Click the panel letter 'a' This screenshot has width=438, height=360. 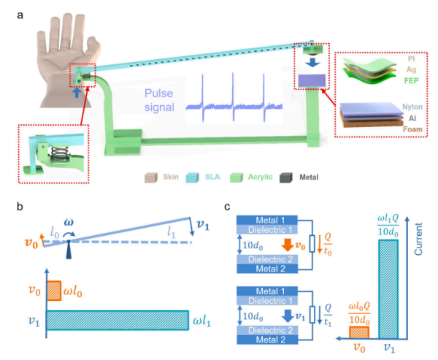tap(20, 15)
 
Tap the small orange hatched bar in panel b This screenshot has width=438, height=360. tap(55, 290)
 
